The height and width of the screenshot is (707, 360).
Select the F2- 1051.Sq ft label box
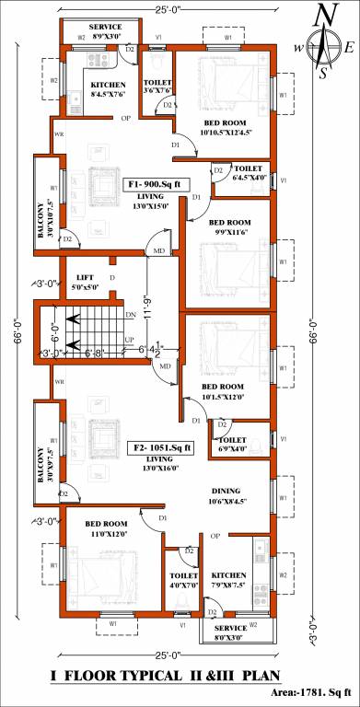pos(160,448)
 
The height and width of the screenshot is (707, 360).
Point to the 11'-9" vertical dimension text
pos(146,303)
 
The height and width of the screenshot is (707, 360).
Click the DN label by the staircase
pos(130,315)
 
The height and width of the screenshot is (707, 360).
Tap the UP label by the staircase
pos(130,340)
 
